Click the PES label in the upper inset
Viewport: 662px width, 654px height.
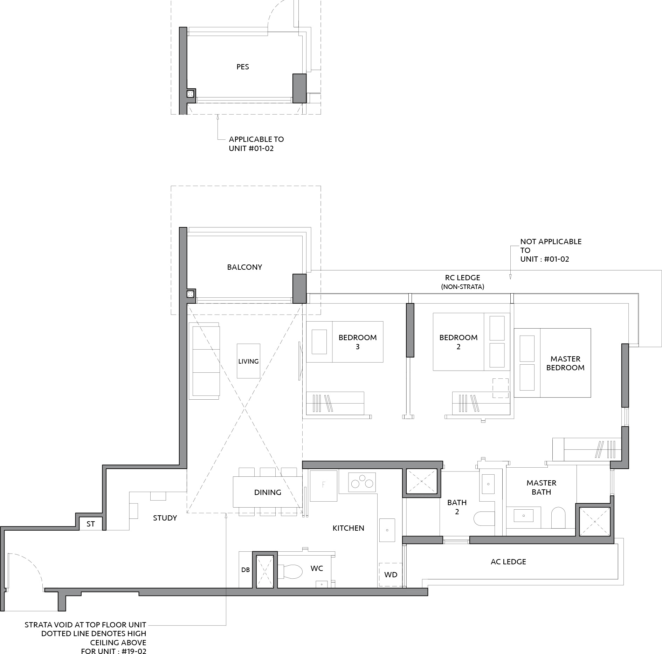[x=242, y=67]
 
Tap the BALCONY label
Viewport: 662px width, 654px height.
[x=244, y=267]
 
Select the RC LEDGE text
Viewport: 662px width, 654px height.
[x=462, y=277]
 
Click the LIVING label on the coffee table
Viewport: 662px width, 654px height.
[x=248, y=361]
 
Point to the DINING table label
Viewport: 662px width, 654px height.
[x=268, y=492]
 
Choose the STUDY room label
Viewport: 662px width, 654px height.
[x=165, y=518]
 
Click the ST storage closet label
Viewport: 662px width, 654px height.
[x=90, y=524]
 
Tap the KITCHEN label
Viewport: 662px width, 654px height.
[x=348, y=528]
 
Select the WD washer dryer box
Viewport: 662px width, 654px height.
[x=391, y=574]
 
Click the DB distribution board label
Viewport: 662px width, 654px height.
[x=246, y=570]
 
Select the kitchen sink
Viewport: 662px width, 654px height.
[x=387, y=530]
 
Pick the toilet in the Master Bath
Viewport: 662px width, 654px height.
[x=558, y=517]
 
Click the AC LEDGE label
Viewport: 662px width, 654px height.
[x=508, y=562]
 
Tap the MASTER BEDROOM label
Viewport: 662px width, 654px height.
[x=565, y=363]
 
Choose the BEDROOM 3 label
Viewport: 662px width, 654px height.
[x=358, y=342]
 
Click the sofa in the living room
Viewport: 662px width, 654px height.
[x=205, y=361]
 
